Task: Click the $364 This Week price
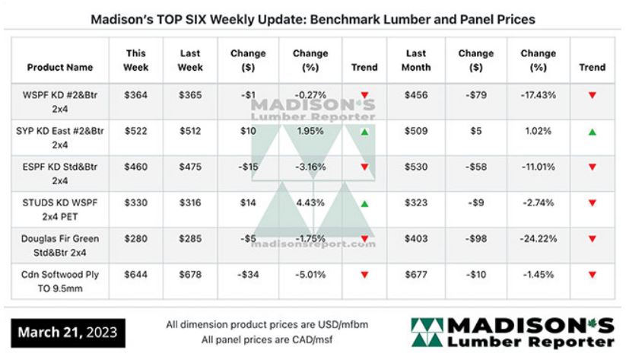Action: tap(136, 95)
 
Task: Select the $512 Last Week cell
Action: tap(189, 130)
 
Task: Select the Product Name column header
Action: tap(60, 67)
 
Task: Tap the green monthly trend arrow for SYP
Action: tap(592, 132)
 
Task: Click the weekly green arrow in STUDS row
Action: tap(364, 203)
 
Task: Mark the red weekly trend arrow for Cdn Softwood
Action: tap(364, 274)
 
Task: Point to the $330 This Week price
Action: tap(136, 203)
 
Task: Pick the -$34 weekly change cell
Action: tap(248, 274)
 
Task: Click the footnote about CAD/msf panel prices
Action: tap(266, 339)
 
